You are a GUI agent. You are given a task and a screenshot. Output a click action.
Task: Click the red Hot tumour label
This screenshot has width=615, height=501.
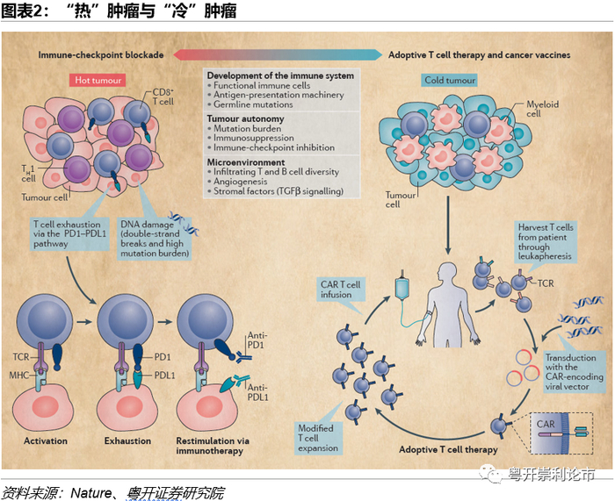click(x=97, y=80)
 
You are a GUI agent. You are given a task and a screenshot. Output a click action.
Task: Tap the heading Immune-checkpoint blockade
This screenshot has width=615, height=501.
click(x=101, y=54)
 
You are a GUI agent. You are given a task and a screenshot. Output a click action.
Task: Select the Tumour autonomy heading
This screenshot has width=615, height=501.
click(x=245, y=118)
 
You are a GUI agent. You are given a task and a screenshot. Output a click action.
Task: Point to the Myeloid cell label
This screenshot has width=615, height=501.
click(x=541, y=109)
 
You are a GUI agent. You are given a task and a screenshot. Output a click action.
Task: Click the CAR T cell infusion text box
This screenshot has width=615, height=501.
click(x=340, y=289)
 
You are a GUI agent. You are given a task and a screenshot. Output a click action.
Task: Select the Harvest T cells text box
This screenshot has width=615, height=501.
click(x=546, y=240)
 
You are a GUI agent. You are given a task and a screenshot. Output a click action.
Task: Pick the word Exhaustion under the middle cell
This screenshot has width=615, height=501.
click(x=127, y=440)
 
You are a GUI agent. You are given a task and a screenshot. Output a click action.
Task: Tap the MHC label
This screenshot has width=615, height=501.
click(x=21, y=376)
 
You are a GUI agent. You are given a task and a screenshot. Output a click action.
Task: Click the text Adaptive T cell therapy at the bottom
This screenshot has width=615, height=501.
click(x=448, y=449)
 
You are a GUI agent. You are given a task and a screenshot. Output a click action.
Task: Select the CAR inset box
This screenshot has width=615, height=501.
click(x=561, y=432)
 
